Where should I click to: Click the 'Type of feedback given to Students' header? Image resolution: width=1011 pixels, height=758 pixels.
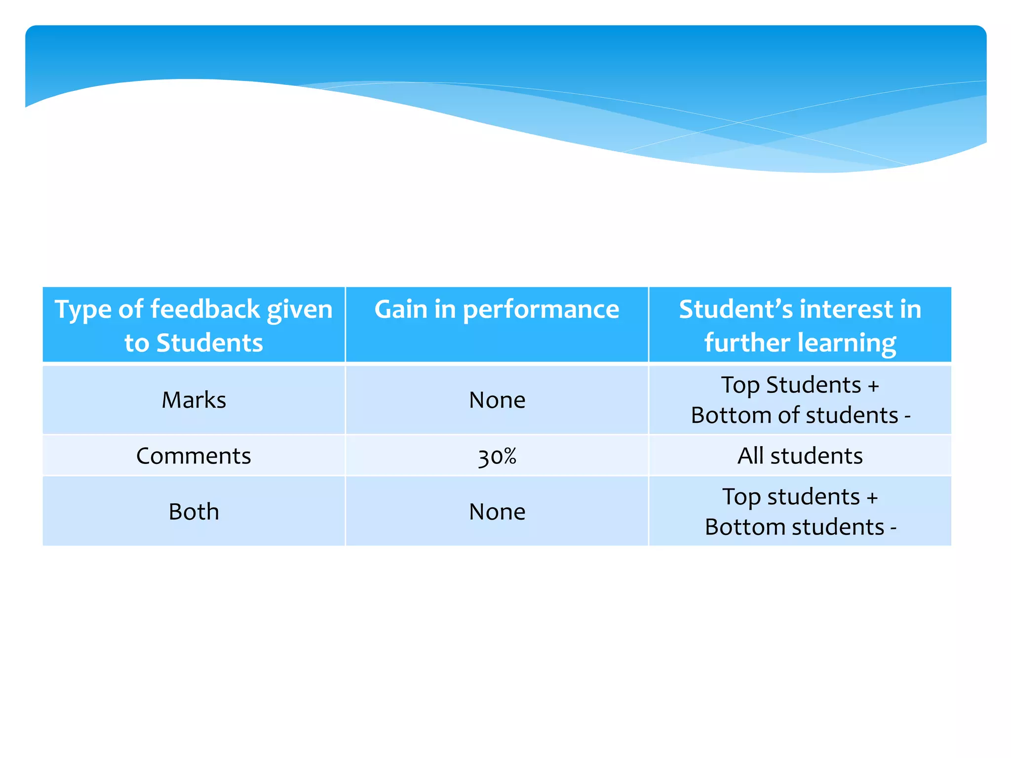click(194, 325)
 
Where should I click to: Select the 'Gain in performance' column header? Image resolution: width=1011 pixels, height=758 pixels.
click(497, 310)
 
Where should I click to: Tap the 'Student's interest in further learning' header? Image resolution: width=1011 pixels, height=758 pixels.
click(800, 325)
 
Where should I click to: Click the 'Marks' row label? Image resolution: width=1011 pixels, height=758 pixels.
click(194, 400)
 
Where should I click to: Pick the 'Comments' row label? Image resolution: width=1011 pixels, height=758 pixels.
click(194, 455)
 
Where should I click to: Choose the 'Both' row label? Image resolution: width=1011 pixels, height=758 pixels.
click(194, 511)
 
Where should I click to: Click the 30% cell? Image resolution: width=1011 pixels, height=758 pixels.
click(497, 456)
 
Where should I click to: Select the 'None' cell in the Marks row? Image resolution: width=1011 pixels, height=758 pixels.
click(497, 400)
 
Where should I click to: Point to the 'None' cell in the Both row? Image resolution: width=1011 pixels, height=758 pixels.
click(497, 511)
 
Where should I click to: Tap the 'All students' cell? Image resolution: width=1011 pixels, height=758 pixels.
click(800, 455)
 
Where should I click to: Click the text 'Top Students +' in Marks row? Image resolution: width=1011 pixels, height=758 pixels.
click(800, 385)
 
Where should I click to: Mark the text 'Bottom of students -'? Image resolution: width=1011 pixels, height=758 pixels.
click(800, 415)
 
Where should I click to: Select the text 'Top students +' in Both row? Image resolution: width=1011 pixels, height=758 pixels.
click(800, 496)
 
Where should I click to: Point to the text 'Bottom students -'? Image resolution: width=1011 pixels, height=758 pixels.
click(800, 527)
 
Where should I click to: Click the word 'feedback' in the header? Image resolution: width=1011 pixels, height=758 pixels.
click(205, 309)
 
